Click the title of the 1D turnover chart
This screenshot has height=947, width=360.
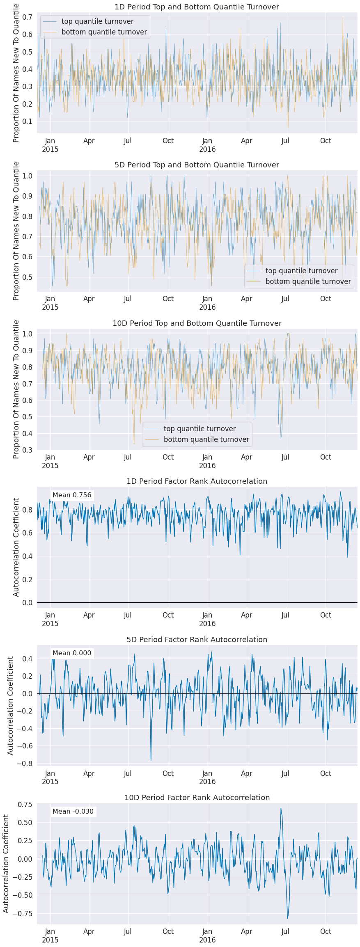(x=197, y=7)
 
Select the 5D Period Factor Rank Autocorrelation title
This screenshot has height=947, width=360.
(x=197, y=639)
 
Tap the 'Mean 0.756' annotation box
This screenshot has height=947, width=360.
(x=72, y=495)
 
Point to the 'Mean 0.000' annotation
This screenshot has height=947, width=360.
(x=72, y=653)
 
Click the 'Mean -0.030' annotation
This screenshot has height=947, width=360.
(x=73, y=811)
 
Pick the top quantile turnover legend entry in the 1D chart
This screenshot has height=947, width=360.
(x=97, y=21)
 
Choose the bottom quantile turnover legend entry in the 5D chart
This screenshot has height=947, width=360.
(x=308, y=281)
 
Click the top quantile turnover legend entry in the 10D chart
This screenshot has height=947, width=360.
(x=199, y=429)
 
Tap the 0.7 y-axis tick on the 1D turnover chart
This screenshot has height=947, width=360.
(x=28, y=17)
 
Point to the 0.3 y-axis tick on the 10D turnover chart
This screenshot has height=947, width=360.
(x=28, y=450)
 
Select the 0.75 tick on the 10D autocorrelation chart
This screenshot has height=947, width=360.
(x=24, y=804)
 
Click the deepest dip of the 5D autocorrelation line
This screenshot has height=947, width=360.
(x=151, y=760)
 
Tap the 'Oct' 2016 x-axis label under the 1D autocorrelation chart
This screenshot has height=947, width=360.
(x=326, y=615)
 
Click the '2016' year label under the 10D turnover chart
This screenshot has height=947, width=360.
(x=207, y=466)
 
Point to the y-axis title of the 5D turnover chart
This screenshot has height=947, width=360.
(x=16, y=231)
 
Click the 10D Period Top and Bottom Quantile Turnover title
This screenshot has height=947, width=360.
(x=197, y=323)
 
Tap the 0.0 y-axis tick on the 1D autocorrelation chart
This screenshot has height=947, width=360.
(x=28, y=602)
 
